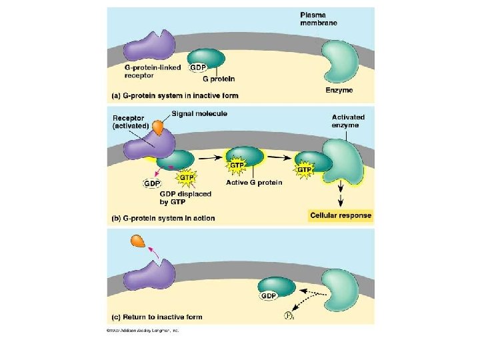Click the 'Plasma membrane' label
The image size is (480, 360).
point(318,19)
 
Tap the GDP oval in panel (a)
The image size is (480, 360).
point(198,68)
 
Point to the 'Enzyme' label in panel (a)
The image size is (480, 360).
point(339,90)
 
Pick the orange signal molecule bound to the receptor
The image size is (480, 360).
point(158,126)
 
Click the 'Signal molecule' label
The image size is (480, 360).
point(199,113)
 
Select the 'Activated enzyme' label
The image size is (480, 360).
point(348,121)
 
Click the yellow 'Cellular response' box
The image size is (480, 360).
point(341,215)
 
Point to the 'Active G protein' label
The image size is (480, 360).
point(254,183)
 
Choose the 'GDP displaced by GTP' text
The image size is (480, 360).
point(186,199)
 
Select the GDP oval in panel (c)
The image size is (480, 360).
point(269,295)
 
